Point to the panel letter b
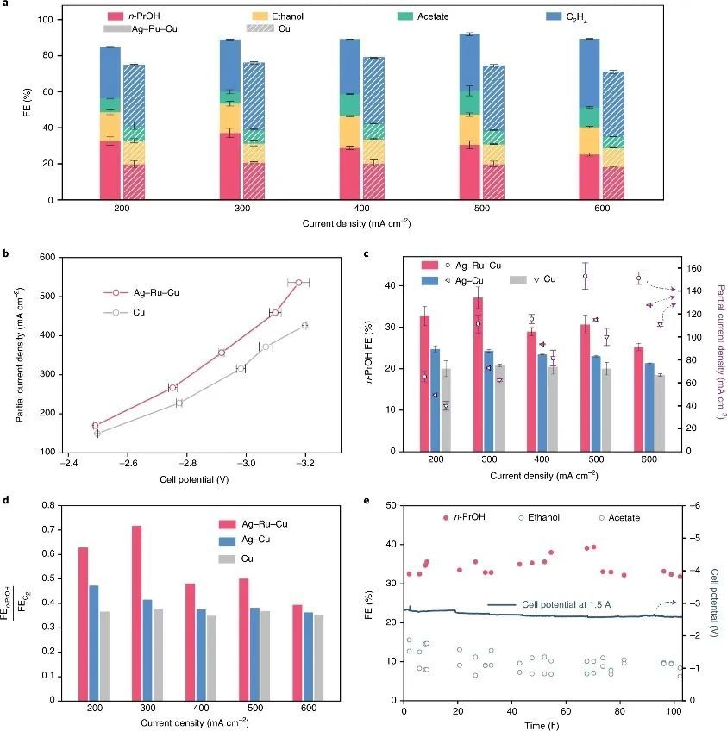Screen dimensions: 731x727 point(6,253)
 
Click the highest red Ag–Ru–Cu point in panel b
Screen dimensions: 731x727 point(298,283)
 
